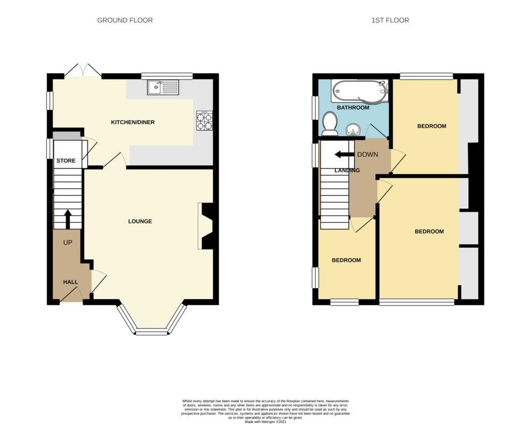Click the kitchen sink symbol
[x=163, y=87]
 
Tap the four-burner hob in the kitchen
[x=204, y=120]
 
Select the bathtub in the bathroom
[x=360, y=91]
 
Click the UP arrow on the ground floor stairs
[x=68, y=219]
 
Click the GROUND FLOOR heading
[x=125, y=20]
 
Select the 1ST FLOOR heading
[x=390, y=20]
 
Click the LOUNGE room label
[x=140, y=221]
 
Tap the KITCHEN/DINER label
[x=133, y=122]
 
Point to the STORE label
[x=66, y=160]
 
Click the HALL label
[x=71, y=282]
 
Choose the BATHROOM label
[x=353, y=108]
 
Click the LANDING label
[x=347, y=170]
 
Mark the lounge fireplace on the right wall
[x=206, y=226]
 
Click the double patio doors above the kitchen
[x=83, y=70]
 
